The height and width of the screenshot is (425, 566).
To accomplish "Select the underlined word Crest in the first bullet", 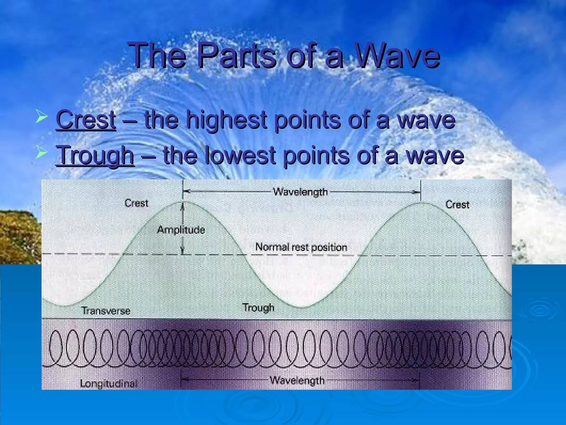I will click(86, 120).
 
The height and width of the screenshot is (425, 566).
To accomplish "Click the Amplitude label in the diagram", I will click(181, 230).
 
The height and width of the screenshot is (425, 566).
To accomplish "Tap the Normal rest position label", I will click(301, 247).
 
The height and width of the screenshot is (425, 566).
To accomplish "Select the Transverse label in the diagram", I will click(106, 311).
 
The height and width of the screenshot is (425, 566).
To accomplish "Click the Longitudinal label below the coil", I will click(108, 383).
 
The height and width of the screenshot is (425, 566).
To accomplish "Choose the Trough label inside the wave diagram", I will click(258, 307).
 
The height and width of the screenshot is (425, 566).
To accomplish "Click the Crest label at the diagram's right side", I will click(457, 205).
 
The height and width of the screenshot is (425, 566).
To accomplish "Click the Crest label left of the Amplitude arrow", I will click(136, 203).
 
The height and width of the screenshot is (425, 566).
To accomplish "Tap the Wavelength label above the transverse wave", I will click(300, 192).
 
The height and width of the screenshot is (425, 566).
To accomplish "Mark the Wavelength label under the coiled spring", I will click(297, 380).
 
